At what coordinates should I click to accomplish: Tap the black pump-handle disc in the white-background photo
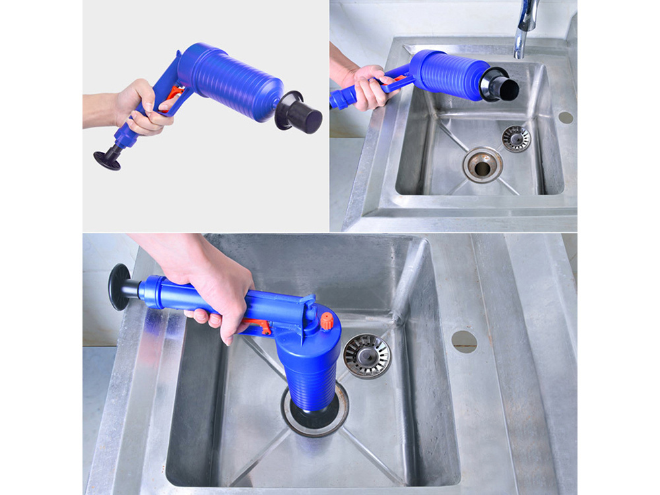tap(106, 159)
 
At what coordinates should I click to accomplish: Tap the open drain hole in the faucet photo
tap(482, 164)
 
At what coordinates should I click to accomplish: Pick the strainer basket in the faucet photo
tap(516, 138)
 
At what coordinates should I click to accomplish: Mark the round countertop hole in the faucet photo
tap(566, 117)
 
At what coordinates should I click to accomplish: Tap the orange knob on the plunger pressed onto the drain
tap(325, 322)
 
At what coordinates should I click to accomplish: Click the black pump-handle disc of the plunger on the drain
tap(119, 286)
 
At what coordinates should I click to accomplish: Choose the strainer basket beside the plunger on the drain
tap(367, 356)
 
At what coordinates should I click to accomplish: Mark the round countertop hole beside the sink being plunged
tap(464, 341)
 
